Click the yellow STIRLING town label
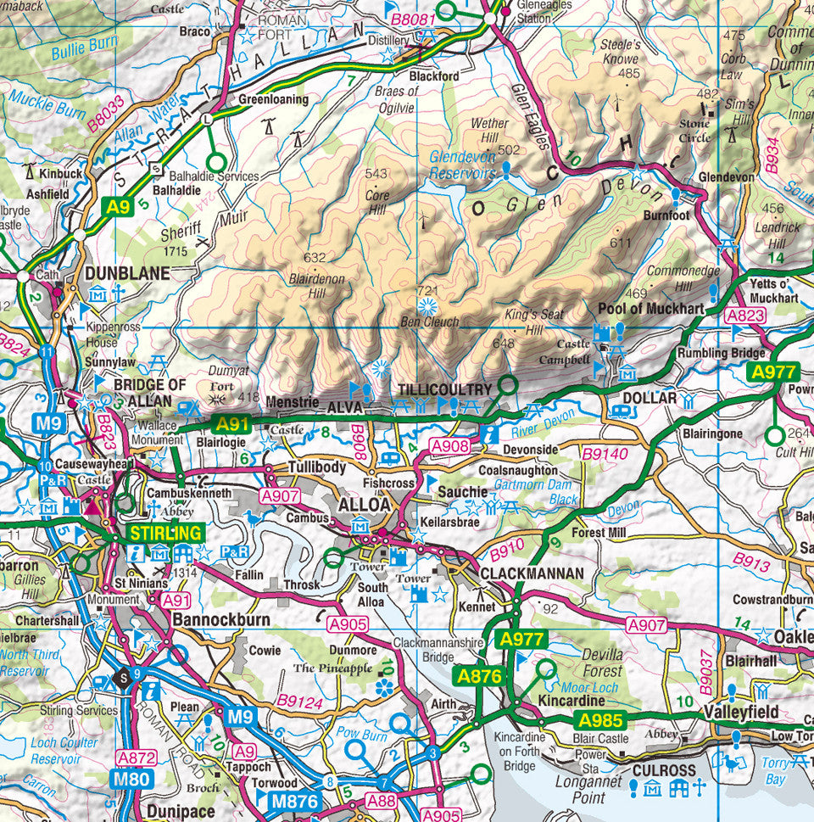click(x=166, y=533)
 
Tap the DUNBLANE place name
click(x=127, y=274)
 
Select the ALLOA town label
click(x=365, y=505)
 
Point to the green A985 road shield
click(x=600, y=721)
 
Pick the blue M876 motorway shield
click(x=294, y=801)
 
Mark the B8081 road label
click(x=414, y=18)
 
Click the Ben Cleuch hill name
click(x=430, y=322)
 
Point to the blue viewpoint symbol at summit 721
click(x=428, y=306)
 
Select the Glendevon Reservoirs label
click(x=463, y=165)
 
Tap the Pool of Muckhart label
click(x=651, y=309)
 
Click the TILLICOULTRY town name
click(x=445, y=389)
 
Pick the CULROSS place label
click(x=664, y=771)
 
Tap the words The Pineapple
click(x=332, y=668)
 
